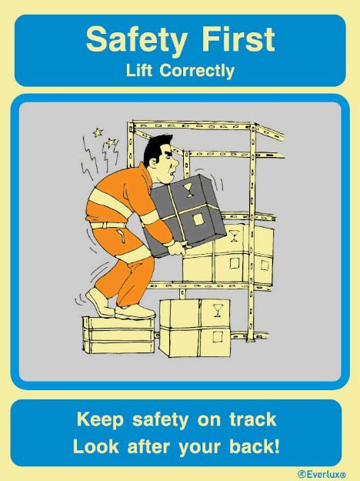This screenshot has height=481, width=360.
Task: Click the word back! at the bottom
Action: pyautogui.click(x=251, y=446)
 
